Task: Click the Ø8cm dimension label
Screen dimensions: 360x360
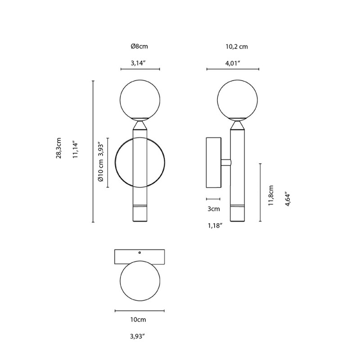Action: click(139, 46)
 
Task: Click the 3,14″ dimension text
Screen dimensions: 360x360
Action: click(139, 63)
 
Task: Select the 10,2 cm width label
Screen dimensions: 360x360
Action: click(236, 46)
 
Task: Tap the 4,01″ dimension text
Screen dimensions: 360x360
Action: click(233, 63)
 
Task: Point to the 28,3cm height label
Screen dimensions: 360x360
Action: click(58, 151)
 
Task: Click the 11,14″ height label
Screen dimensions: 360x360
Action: click(76, 150)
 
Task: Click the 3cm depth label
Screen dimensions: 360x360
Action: click(213, 209)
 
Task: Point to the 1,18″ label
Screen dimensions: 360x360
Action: click(216, 226)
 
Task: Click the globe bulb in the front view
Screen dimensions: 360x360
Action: click(140, 99)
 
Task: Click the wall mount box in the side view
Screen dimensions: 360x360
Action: click(213, 162)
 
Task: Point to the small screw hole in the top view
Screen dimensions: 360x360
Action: click(139, 253)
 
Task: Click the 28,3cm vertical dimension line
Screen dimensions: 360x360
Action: click(93, 151)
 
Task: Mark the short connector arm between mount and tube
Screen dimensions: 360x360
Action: click(226, 162)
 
